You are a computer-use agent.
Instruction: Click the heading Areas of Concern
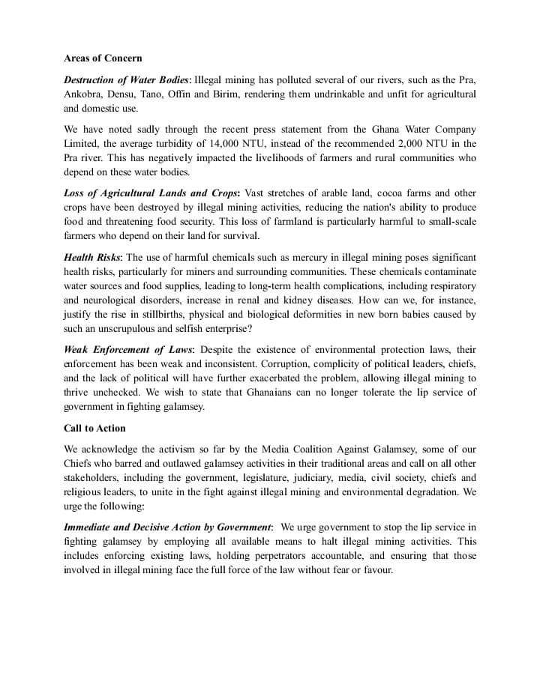103,58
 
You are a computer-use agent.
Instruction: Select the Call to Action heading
94,428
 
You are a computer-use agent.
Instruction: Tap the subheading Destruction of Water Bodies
127,79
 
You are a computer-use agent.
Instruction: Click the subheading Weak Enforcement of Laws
128,350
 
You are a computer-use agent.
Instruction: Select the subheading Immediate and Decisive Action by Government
167,528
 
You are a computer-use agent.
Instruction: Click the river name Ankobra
84,94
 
